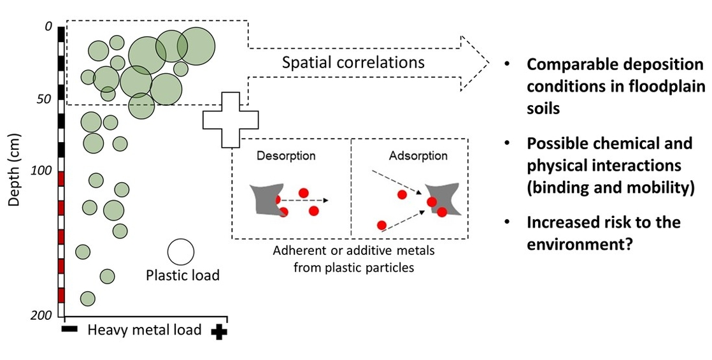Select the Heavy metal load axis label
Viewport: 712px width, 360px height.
(x=144, y=330)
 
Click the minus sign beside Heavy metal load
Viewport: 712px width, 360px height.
(x=69, y=329)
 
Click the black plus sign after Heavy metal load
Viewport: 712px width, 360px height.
(x=219, y=331)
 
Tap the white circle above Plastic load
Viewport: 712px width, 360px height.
(x=180, y=252)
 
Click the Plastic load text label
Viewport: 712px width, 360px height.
(x=183, y=275)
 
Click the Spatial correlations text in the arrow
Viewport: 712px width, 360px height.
(x=353, y=62)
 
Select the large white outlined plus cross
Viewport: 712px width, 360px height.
(x=231, y=119)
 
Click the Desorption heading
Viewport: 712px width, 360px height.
(x=286, y=155)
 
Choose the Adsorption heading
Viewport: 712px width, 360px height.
(x=417, y=155)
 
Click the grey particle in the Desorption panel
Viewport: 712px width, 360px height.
(x=264, y=199)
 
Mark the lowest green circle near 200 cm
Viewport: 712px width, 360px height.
(x=88, y=298)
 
